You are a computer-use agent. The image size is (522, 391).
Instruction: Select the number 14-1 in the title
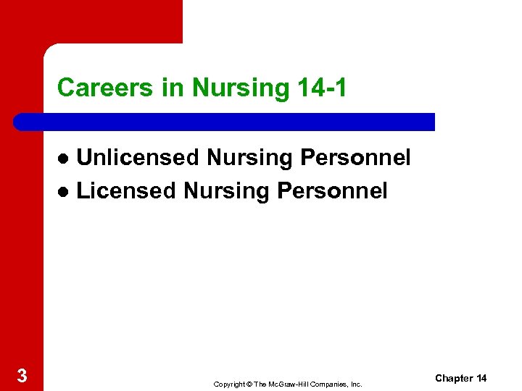pos(322,88)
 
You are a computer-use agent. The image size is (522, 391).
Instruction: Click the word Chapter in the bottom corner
pos(453,379)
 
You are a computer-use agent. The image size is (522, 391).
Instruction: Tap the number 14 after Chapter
pos(481,379)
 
